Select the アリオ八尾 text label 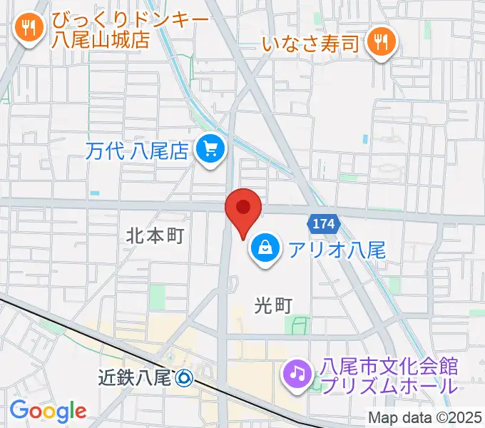pyautogui.click(x=337, y=250)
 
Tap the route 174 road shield pyautogui.click(x=322, y=224)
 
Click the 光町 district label pyautogui.click(x=273, y=305)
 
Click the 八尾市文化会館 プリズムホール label pyautogui.click(x=389, y=377)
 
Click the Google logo pyautogui.click(x=48, y=411)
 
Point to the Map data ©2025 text pyautogui.click(x=424, y=418)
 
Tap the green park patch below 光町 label pyautogui.click(x=293, y=325)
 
